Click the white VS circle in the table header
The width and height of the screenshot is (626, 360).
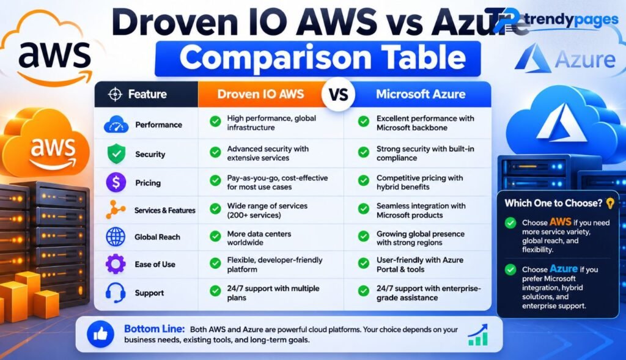[x=338, y=94]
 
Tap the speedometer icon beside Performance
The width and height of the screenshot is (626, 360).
[x=116, y=125]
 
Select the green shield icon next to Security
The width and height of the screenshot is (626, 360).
[x=116, y=153]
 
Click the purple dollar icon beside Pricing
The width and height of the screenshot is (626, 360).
[x=116, y=182]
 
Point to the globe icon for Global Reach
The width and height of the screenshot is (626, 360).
[x=116, y=237]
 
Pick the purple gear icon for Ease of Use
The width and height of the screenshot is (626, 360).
[x=116, y=264]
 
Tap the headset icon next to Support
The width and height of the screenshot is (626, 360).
[x=116, y=292]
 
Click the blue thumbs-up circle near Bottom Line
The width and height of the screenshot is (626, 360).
[x=100, y=334]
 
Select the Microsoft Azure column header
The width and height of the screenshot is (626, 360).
[x=421, y=94]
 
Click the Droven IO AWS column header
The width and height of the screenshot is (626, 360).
[x=260, y=94]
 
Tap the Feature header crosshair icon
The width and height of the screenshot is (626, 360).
[x=115, y=94]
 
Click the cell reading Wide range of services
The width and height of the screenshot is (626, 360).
[x=267, y=210]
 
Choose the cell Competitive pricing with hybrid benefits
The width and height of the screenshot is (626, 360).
[x=419, y=182]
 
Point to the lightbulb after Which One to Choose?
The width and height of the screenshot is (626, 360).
[x=609, y=203]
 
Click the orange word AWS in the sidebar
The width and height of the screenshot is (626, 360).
[x=560, y=222]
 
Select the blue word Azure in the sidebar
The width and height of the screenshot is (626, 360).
[x=564, y=268]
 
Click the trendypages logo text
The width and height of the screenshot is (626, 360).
[x=572, y=19]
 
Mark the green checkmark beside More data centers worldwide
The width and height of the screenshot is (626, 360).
[x=215, y=237]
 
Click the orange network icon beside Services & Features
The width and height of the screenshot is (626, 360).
[x=116, y=210]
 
